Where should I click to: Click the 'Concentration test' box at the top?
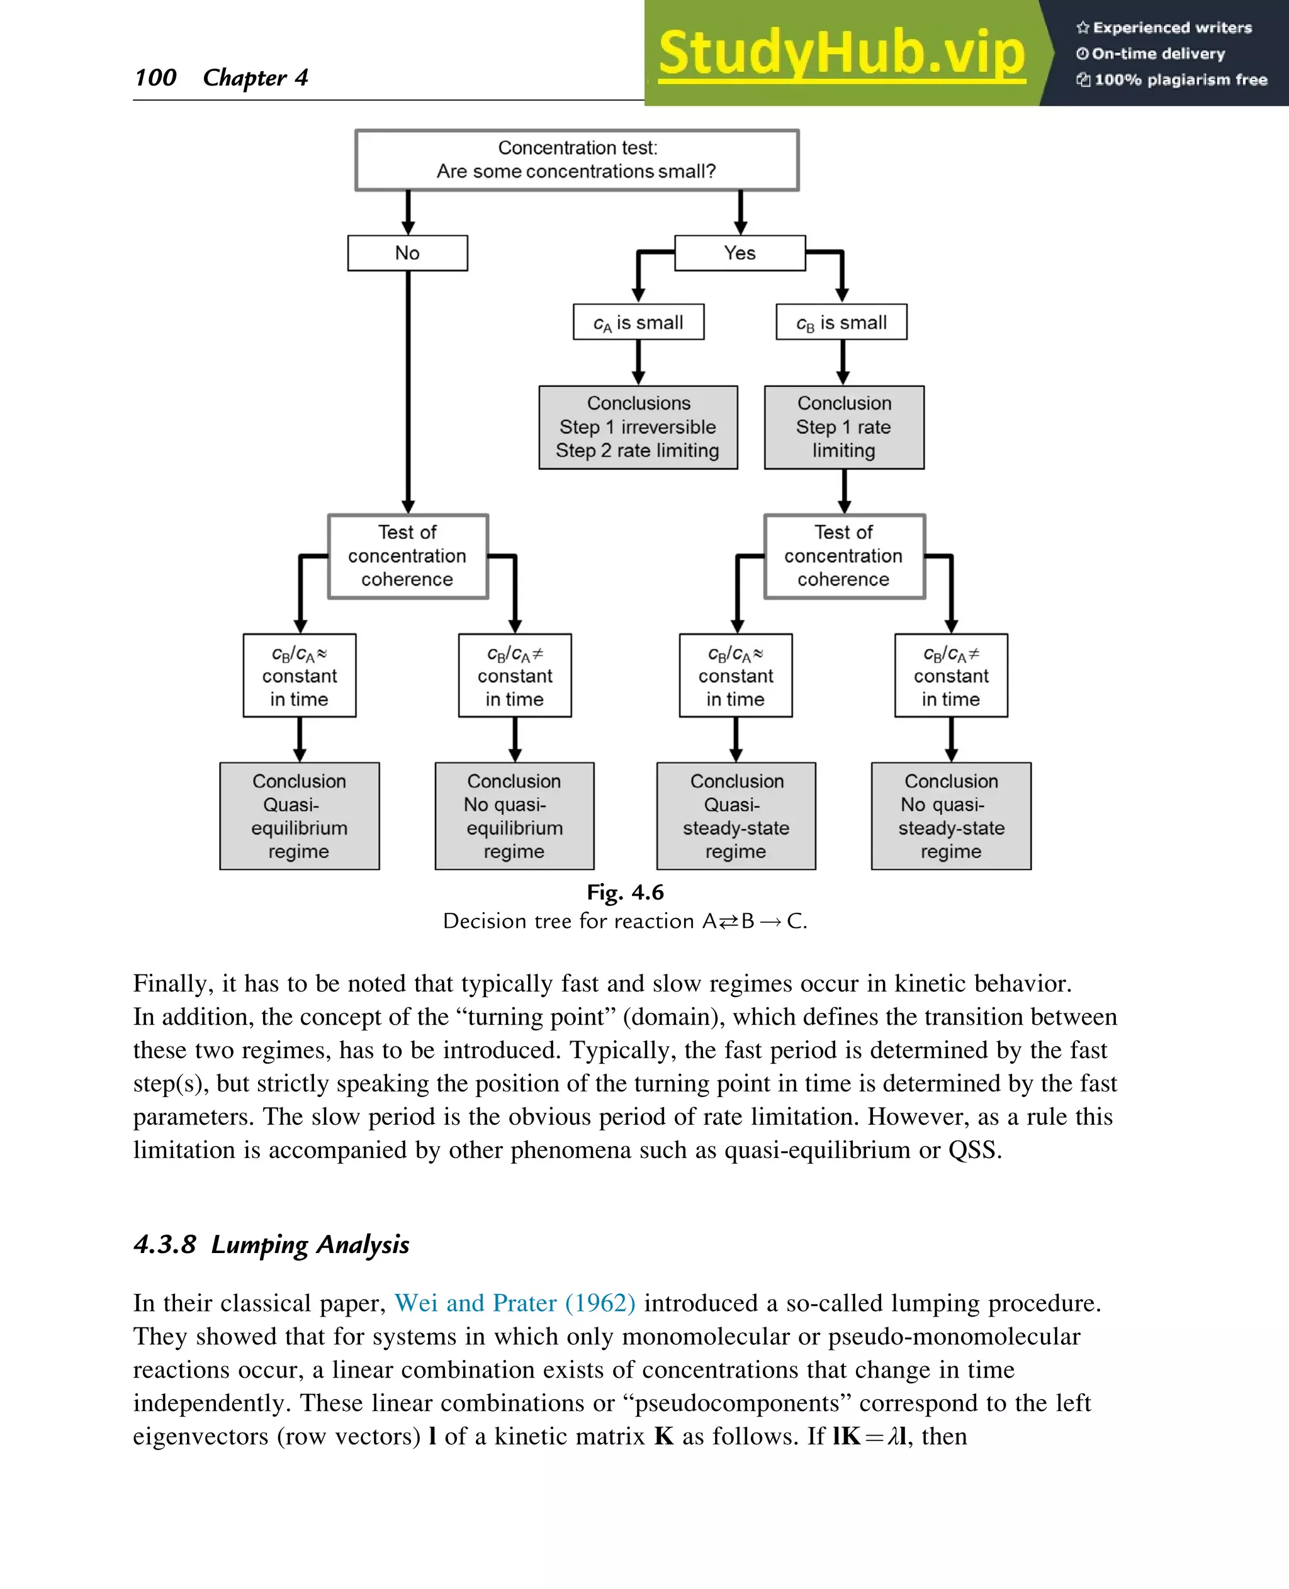(577, 160)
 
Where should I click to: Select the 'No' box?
(408, 253)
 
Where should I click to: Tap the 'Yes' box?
(740, 253)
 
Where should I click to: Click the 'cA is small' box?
(639, 322)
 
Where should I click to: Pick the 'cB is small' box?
(842, 322)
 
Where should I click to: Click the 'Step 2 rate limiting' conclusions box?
(638, 428)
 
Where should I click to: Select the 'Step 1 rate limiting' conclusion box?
(843, 428)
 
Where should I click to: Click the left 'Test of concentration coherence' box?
(408, 556)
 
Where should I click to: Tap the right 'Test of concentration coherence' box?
(843, 556)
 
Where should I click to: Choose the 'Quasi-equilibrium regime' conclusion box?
(299, 816)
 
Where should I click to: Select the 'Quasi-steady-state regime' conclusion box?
(736, 816)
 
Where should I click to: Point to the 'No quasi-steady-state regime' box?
(950, 816)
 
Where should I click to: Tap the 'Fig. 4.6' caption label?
(625, 892)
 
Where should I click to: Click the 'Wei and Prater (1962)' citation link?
(515, 1303)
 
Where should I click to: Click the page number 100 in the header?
(155, 77)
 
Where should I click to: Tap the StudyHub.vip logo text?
(842, 53)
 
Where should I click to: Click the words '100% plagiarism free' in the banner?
(1180, 79)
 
